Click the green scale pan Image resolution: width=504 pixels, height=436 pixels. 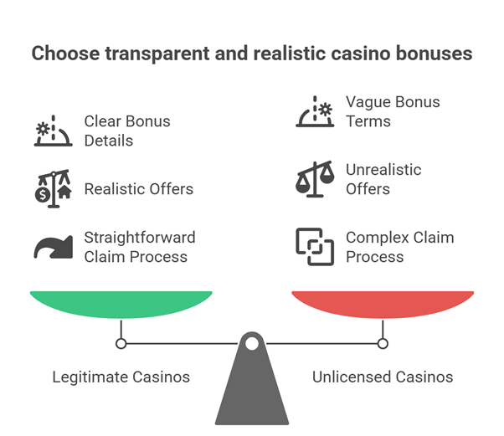(121, 303)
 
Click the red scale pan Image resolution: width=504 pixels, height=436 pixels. (383, 303)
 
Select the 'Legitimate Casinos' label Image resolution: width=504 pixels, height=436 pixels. (121, 377)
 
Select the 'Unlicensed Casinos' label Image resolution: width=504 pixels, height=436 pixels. (383, 377)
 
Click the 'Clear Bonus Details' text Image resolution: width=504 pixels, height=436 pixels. (126, 131)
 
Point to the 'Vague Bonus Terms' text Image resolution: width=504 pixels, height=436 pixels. (392, 111)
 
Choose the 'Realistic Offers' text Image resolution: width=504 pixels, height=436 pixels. (138, 189)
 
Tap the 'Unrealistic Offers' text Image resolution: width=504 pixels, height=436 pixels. (383, 179)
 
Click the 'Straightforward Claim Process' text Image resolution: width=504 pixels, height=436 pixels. (139, 246)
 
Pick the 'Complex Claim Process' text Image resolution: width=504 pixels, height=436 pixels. (399, 246)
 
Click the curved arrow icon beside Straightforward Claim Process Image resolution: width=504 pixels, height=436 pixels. (53, 246)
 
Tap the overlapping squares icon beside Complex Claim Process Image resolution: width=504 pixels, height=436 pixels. (315, 246)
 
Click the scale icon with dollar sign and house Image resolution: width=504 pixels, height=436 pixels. (53, 187)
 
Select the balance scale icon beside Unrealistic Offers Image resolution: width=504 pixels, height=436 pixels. (315, 179)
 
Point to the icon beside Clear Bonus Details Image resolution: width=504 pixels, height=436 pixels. (53, 131)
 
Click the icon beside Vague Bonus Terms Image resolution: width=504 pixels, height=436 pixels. (315, 111)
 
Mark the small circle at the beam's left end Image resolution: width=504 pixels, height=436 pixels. (121, 343)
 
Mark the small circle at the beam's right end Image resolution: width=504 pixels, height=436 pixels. (383, 343)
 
